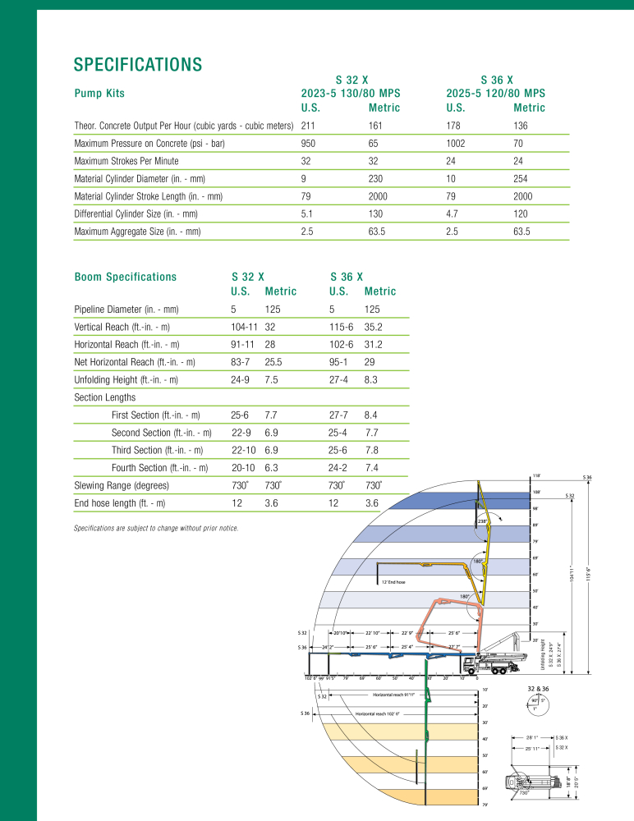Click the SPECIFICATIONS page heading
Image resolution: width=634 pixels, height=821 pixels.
138,64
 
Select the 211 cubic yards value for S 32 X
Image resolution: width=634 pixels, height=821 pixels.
309,126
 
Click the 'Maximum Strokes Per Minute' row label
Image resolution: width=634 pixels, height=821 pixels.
126,161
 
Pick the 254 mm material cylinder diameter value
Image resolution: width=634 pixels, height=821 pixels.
521,179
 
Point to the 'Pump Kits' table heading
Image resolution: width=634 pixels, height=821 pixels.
99,94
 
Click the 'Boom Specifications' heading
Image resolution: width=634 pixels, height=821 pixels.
125,277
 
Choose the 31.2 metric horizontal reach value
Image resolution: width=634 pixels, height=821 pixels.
375,344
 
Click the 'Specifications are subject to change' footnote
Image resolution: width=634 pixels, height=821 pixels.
156,528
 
